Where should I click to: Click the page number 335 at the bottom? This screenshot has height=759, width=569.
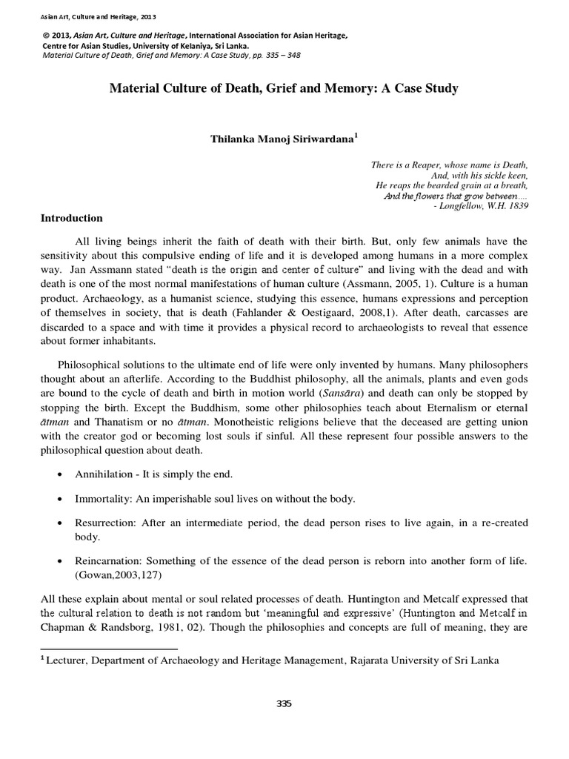(284, 703)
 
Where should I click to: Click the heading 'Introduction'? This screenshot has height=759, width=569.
(70, 219)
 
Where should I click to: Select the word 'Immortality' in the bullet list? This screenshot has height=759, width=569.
(99, 499)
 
